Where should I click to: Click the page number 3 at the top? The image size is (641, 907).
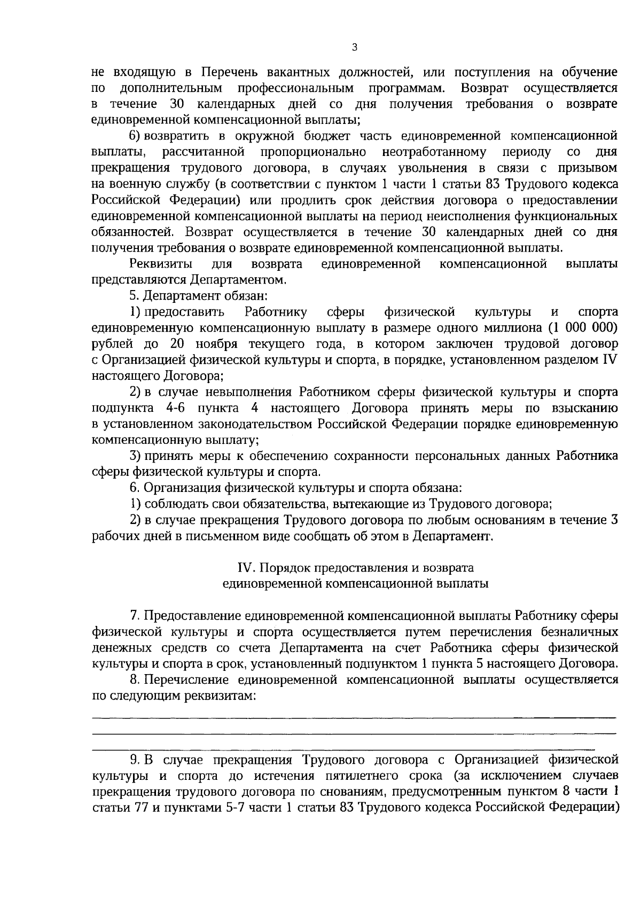click(x=355, y=48)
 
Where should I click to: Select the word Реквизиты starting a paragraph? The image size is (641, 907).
click(x=161, y=264)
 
